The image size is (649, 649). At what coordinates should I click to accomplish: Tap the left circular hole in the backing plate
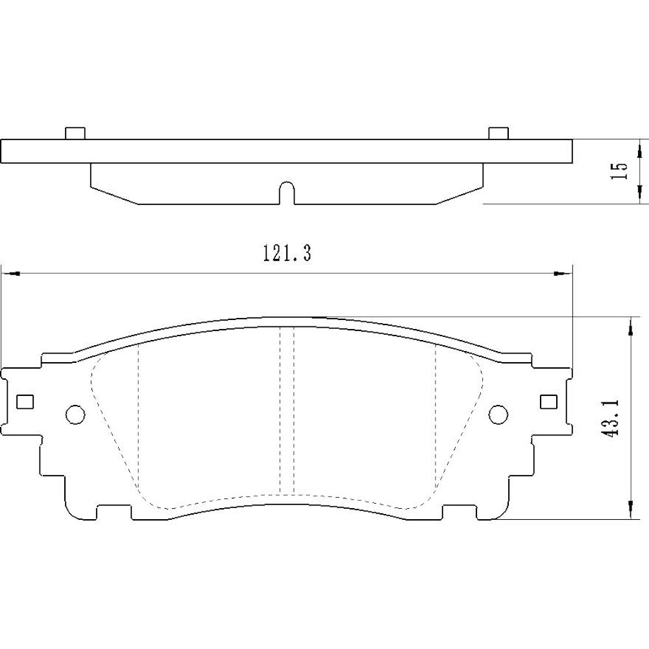76,413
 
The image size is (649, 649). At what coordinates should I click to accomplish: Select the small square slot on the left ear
25,402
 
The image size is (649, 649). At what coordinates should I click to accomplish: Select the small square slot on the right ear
549,402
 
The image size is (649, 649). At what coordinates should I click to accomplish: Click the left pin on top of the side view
75,132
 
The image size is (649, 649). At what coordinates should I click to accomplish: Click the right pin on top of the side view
498,132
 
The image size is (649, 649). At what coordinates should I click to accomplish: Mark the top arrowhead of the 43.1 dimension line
631,325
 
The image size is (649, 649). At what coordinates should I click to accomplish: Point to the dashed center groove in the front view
286,409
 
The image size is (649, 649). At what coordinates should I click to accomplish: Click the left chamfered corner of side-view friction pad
114,196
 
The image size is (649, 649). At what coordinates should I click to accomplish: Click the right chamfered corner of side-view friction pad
459,196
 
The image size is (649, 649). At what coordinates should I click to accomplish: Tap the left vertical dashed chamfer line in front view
138,422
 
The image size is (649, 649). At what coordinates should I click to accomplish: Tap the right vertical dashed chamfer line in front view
434,422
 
